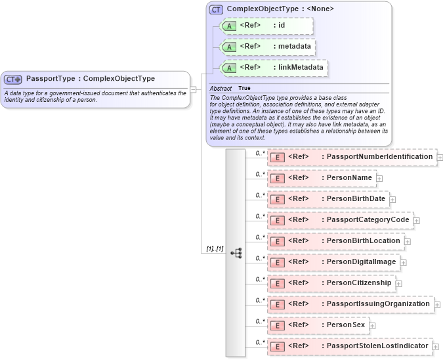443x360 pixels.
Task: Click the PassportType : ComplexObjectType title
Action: coord(91,79)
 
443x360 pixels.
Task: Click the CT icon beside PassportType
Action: coord(14,79)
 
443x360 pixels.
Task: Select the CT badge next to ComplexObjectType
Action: coord(216,9)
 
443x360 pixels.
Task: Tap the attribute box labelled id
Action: coord(266,26)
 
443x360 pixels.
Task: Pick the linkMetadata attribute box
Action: coord(274,67)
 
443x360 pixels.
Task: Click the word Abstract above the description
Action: coord(221,88)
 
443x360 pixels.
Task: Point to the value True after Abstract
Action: coord(244,88)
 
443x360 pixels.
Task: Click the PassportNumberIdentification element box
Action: coord(351,157)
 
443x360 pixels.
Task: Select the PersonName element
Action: coord(321,178)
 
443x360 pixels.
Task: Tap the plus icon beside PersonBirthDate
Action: coord(392,199)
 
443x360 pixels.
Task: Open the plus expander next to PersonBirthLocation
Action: coord(408,241)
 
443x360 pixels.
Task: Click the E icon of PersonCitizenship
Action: coord(278,283)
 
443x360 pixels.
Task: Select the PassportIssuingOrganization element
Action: coord(350,304)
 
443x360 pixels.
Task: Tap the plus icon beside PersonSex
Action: coord(372,325)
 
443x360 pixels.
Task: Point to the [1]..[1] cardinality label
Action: coord(215,249)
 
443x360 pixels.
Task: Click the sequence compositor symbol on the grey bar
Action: coord(236,252)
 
